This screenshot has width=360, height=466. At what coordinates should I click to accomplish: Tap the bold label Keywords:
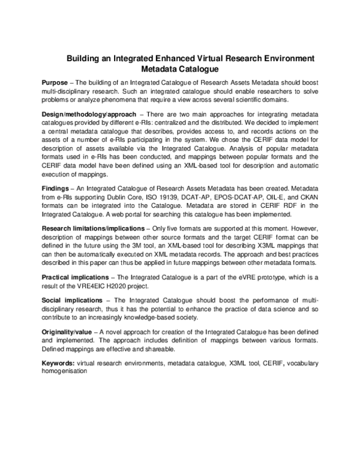pos(58,364)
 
